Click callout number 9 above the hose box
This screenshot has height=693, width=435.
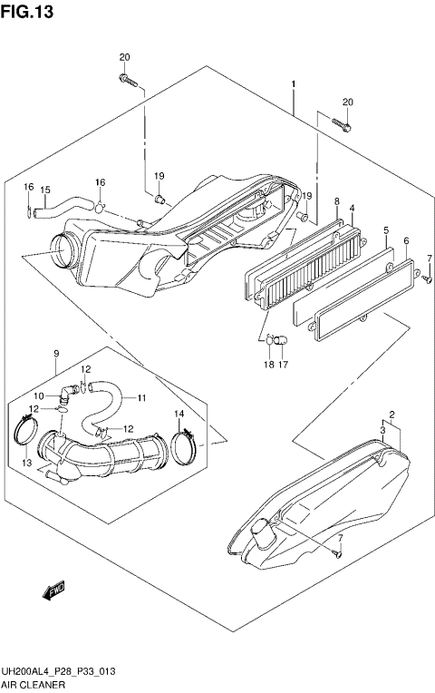[x=55, y=353]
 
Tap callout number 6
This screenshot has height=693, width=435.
[x=406, y=240]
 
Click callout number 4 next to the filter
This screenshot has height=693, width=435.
[x=351, y=210]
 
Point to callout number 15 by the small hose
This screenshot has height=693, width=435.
[x=44, y=190]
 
